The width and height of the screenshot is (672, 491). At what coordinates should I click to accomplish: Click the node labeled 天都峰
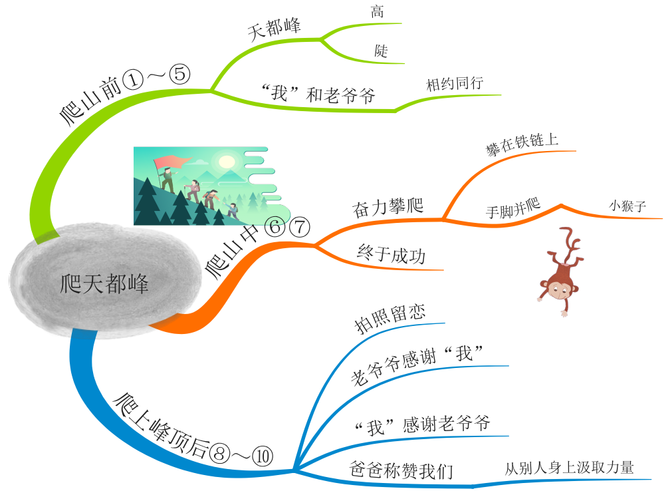click(275, 30)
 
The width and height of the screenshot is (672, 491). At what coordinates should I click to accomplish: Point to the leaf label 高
click(378, 12)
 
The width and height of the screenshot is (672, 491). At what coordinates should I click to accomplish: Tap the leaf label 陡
click(381, 51)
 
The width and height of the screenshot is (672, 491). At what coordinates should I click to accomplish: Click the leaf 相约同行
click(455, 84)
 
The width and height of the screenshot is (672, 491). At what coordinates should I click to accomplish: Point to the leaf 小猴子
click(627, 206)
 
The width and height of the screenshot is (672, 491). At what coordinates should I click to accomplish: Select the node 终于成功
click(391, 254)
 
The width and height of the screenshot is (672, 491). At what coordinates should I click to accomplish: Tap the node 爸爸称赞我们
click(401, 470)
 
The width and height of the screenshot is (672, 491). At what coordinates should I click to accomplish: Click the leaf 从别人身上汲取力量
click(569, 468)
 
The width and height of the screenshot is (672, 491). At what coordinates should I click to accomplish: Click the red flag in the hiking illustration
click(169, 162)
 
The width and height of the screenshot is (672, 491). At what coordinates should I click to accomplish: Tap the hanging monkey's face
click(553, 289)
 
